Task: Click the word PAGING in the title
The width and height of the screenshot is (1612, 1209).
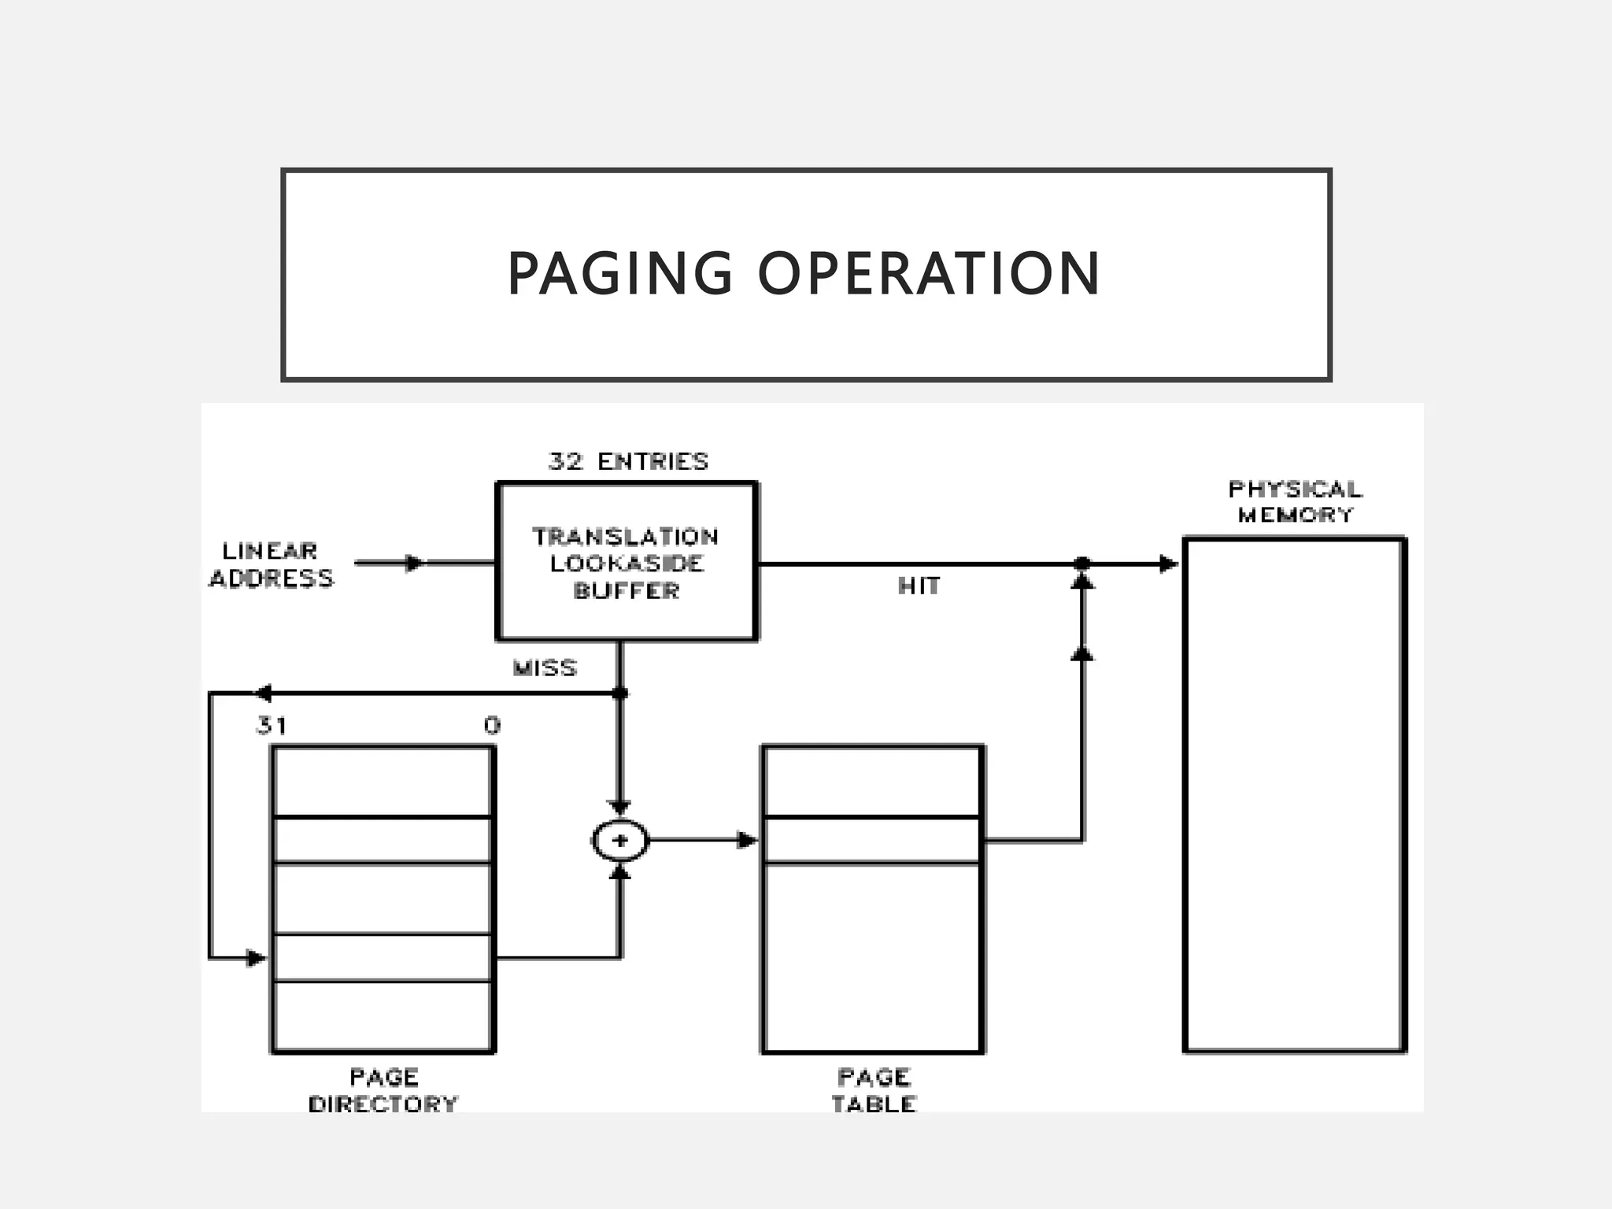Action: click(x=619, y=274)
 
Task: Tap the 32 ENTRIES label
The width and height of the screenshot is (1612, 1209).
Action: click(x=628, y=461)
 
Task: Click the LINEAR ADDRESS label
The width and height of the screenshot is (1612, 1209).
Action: click(x=271, y=564)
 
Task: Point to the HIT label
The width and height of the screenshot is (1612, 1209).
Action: click(x=919, y=586)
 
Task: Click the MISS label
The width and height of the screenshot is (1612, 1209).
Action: click(x=545, y=668)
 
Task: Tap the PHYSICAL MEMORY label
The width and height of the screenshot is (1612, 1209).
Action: click(x=1295, y=501)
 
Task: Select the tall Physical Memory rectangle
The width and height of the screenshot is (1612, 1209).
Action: click(x=1294, y=795)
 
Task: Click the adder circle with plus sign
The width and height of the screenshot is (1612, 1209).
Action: click(x=620, y=841)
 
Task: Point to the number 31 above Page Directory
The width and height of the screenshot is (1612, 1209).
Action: click(x=272, y=725)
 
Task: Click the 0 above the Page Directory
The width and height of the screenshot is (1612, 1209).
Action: click(x=492, y=725)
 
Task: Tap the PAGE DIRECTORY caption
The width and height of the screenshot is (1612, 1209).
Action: click(x=383, y=1090)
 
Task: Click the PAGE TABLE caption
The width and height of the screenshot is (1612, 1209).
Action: click(x=874, y=1090)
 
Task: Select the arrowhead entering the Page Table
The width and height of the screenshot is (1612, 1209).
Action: click(x=746, y=841)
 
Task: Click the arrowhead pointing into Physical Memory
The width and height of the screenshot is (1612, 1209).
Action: click(x=1168, y=564)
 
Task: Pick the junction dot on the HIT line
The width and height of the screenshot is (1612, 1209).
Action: click(x=1082, y=564)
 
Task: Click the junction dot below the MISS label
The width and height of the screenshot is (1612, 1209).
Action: click(x=620, y=693)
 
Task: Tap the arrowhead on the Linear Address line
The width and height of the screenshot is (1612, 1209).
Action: click(x=414, y=563)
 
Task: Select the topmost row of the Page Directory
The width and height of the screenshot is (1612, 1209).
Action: click(x=383, y=782)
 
